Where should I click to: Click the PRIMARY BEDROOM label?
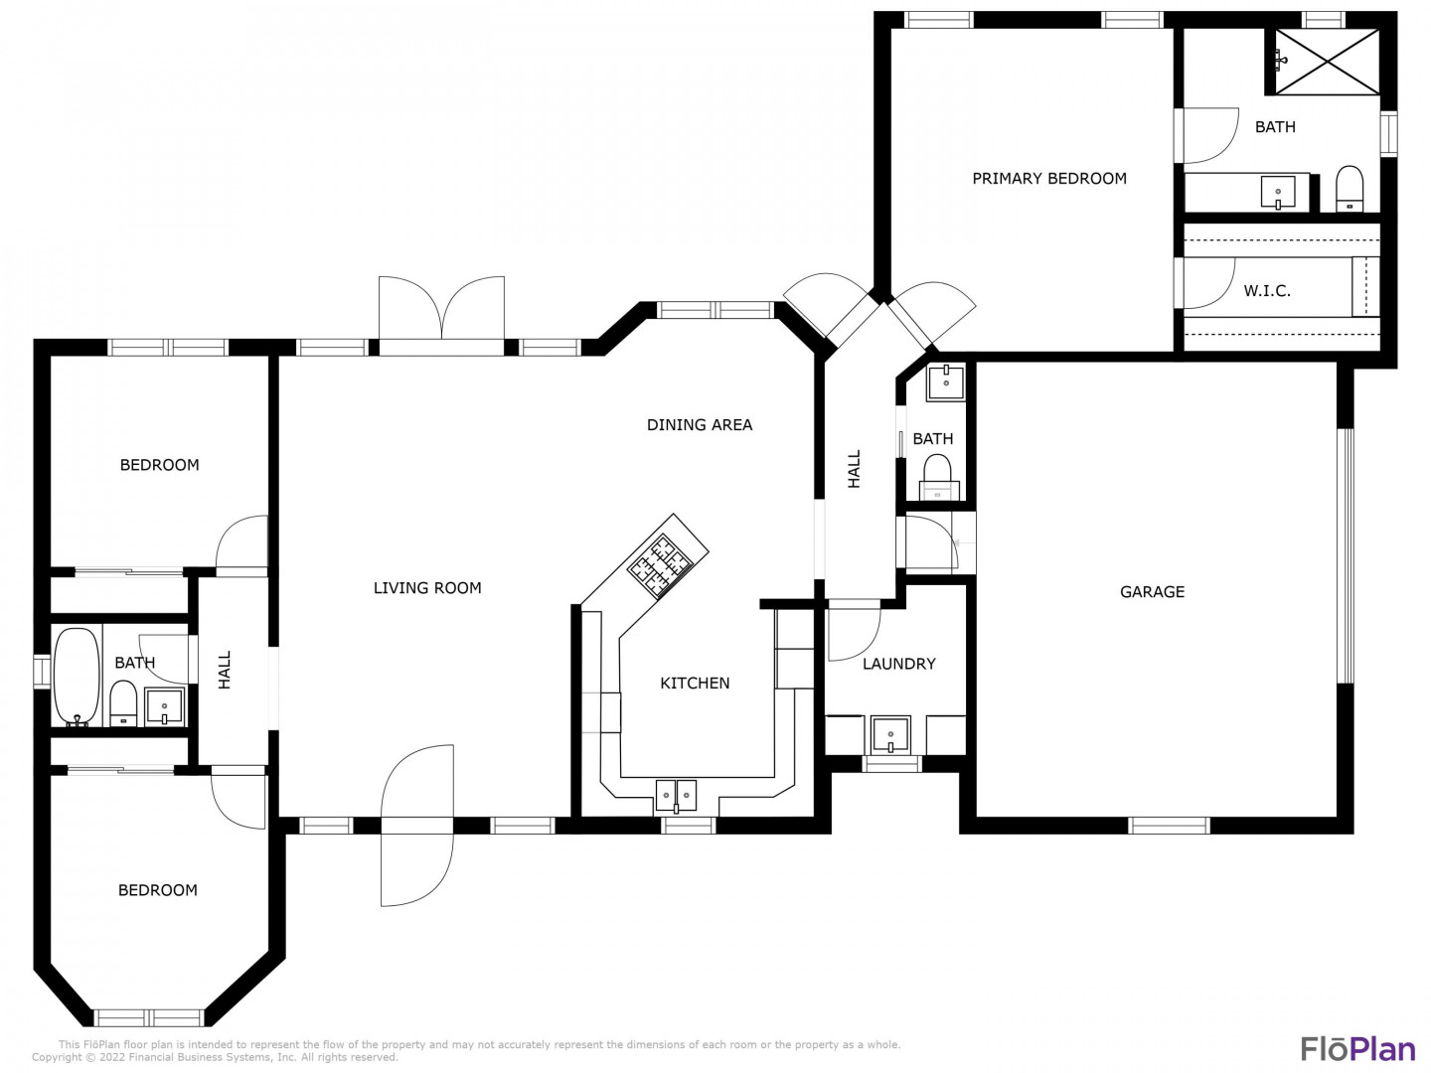[x=1049, y=179]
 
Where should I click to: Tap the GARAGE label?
[x=1152, y=591]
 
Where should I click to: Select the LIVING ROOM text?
[x=427, y=587]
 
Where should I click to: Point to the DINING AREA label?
[x=700, y=425]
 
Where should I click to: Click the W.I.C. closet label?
[x=1267, y=291]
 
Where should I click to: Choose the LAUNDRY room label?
[x=899, y=664]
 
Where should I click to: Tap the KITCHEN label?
[x=695, y=683]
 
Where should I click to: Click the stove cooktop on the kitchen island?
[x=659, y=565]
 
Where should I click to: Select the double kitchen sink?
[x=676, y=796]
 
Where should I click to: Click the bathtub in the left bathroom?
[x=77, y=677]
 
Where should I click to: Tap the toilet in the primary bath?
[x=1349, y=189]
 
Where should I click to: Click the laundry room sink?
[x=890, y=734]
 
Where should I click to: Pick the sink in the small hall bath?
[x=945, y=382]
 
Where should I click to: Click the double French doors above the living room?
[x=441, y=308]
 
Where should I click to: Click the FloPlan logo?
[x=1358, y=1049]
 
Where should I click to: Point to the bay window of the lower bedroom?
[x=149, y=1017]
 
